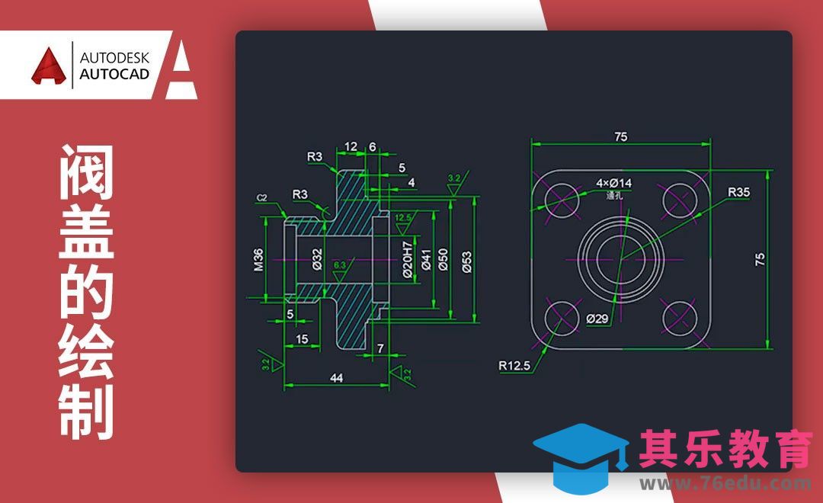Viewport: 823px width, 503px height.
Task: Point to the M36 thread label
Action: pos(258,259)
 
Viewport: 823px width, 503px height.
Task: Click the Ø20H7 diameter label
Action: pos(408,259)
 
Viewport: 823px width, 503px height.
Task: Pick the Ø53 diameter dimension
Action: pos(466,260)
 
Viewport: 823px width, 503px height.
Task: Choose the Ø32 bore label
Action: pos(317,259)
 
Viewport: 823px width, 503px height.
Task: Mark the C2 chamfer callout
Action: pos(261,198)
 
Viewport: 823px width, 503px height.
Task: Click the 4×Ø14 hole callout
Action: pos(613,183)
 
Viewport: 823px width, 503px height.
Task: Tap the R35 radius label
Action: pos(738,192)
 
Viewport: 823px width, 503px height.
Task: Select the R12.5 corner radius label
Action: pos(514,365)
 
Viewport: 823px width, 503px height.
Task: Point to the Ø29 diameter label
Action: pos(597,319)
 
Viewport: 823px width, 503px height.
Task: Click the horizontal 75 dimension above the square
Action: pos(620,136)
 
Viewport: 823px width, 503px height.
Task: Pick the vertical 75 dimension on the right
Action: pos(760,259)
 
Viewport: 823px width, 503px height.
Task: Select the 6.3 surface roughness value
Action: pos(340,264)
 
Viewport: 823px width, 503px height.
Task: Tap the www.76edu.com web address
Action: pos(725,483)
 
